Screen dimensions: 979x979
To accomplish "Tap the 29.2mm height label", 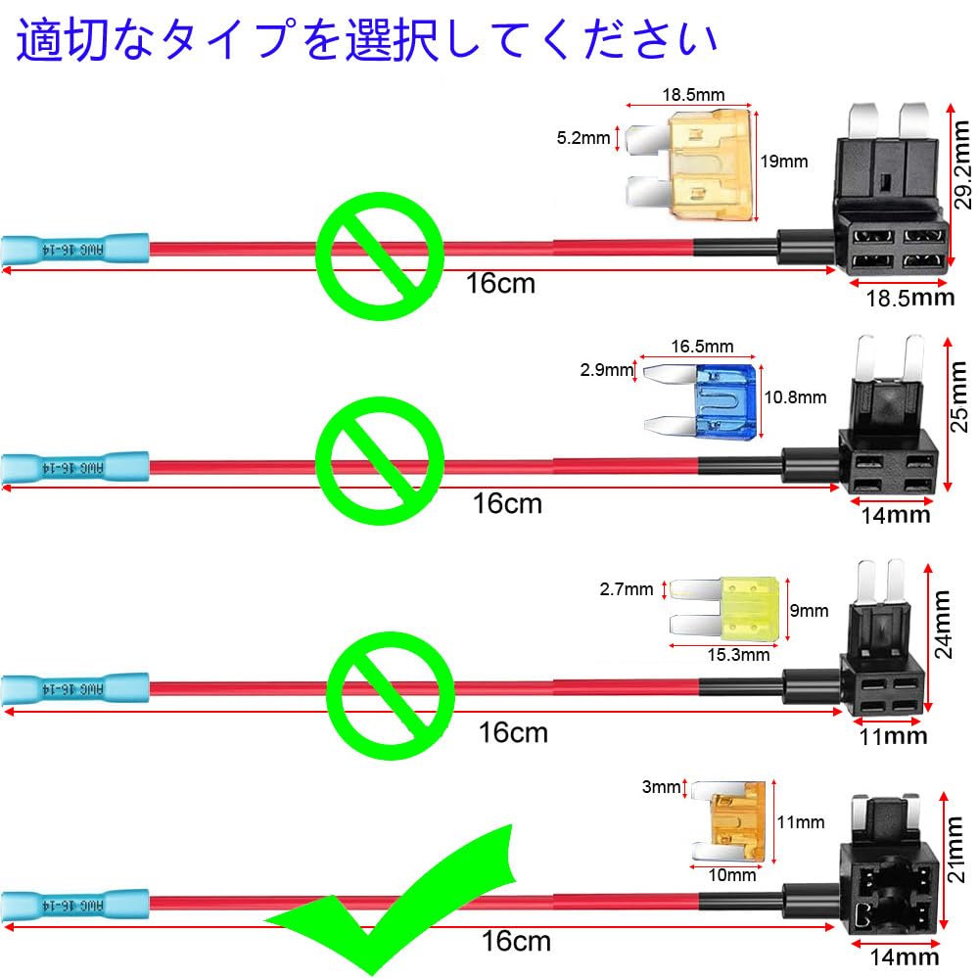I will click(x=963, y=172).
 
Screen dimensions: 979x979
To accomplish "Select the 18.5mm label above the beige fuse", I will click(x=693, y=95).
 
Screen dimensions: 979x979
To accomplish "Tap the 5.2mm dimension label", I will click(x=583, y=138).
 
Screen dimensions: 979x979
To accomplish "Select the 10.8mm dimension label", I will click(x=794, y=397).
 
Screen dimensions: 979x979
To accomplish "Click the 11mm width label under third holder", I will click(x=891, y=735).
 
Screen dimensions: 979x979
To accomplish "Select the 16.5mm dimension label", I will click(x=702, y=347).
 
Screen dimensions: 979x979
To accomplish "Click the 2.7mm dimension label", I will click(x=626, y=588).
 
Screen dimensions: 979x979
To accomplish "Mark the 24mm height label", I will click(x=942, y=625).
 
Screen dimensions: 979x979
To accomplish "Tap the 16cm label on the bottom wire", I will click(x=516, y=942).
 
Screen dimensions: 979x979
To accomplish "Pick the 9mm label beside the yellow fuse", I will click(x=809, y=611).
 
